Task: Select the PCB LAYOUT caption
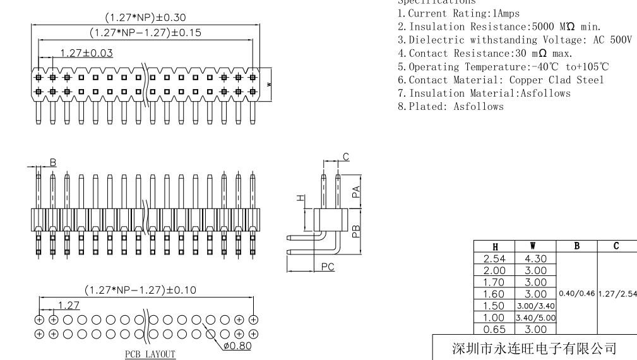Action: point(150,354)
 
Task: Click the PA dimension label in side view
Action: point(357,190)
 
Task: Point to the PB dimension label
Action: point(357,231)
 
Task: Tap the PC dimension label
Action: point(327,267)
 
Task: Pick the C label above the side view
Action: point(345,157)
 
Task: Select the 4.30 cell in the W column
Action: point(535,258)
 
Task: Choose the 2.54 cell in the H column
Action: point(494,258)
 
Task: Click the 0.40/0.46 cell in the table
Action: point(576,293)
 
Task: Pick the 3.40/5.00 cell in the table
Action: point(535,317)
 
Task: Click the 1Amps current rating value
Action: point(484,14)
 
